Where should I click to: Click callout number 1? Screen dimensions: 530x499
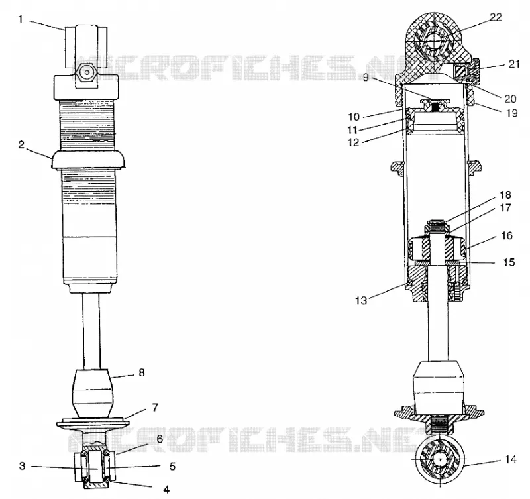click(x=21, y=19)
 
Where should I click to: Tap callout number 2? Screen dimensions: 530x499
click(x=21, y=144)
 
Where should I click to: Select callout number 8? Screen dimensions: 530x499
click(x=142, y=372)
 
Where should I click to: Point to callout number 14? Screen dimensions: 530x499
click(x=510, y=459)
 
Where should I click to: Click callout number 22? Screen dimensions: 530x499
click(x=496, y=17)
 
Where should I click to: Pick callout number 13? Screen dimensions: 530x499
click(x=361, y=300)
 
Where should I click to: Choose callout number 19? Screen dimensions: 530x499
click(x=511, y=113)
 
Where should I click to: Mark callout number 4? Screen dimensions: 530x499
click(x=166, y=489)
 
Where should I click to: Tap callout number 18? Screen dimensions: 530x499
click(x=506, y=195)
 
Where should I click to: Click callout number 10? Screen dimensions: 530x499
click(x=354, y=117)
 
